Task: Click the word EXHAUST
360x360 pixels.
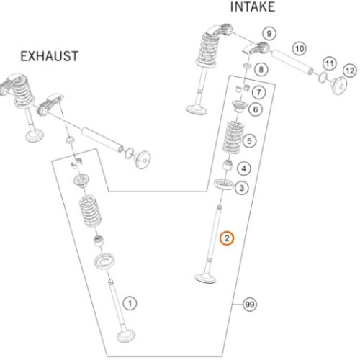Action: [49, 56]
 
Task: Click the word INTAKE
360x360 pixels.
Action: [253, 7]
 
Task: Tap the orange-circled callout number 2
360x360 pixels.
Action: [227, 238]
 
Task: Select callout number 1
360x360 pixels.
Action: [130, 303]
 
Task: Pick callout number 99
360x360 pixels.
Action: [250, 305]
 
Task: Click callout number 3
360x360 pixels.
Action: [242, 188]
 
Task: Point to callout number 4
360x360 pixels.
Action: [244, 168]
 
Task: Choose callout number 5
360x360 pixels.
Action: [249, 140]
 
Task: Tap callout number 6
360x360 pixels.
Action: [256, 109]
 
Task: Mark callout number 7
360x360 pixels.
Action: [258, 92]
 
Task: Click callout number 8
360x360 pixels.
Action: [261, 70]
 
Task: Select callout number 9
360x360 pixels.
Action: [269, 34]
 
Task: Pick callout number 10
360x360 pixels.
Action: [300, 49]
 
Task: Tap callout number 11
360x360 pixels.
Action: [329, 63]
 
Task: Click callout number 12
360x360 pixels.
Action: [350, 71]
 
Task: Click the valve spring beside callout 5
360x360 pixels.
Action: [233, 138]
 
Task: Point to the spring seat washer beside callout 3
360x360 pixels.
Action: [224, 184]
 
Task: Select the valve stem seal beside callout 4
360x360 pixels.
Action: [228, 165]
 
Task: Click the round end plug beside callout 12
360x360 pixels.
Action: [339, 86]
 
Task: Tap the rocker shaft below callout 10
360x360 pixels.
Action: [292, 61]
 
